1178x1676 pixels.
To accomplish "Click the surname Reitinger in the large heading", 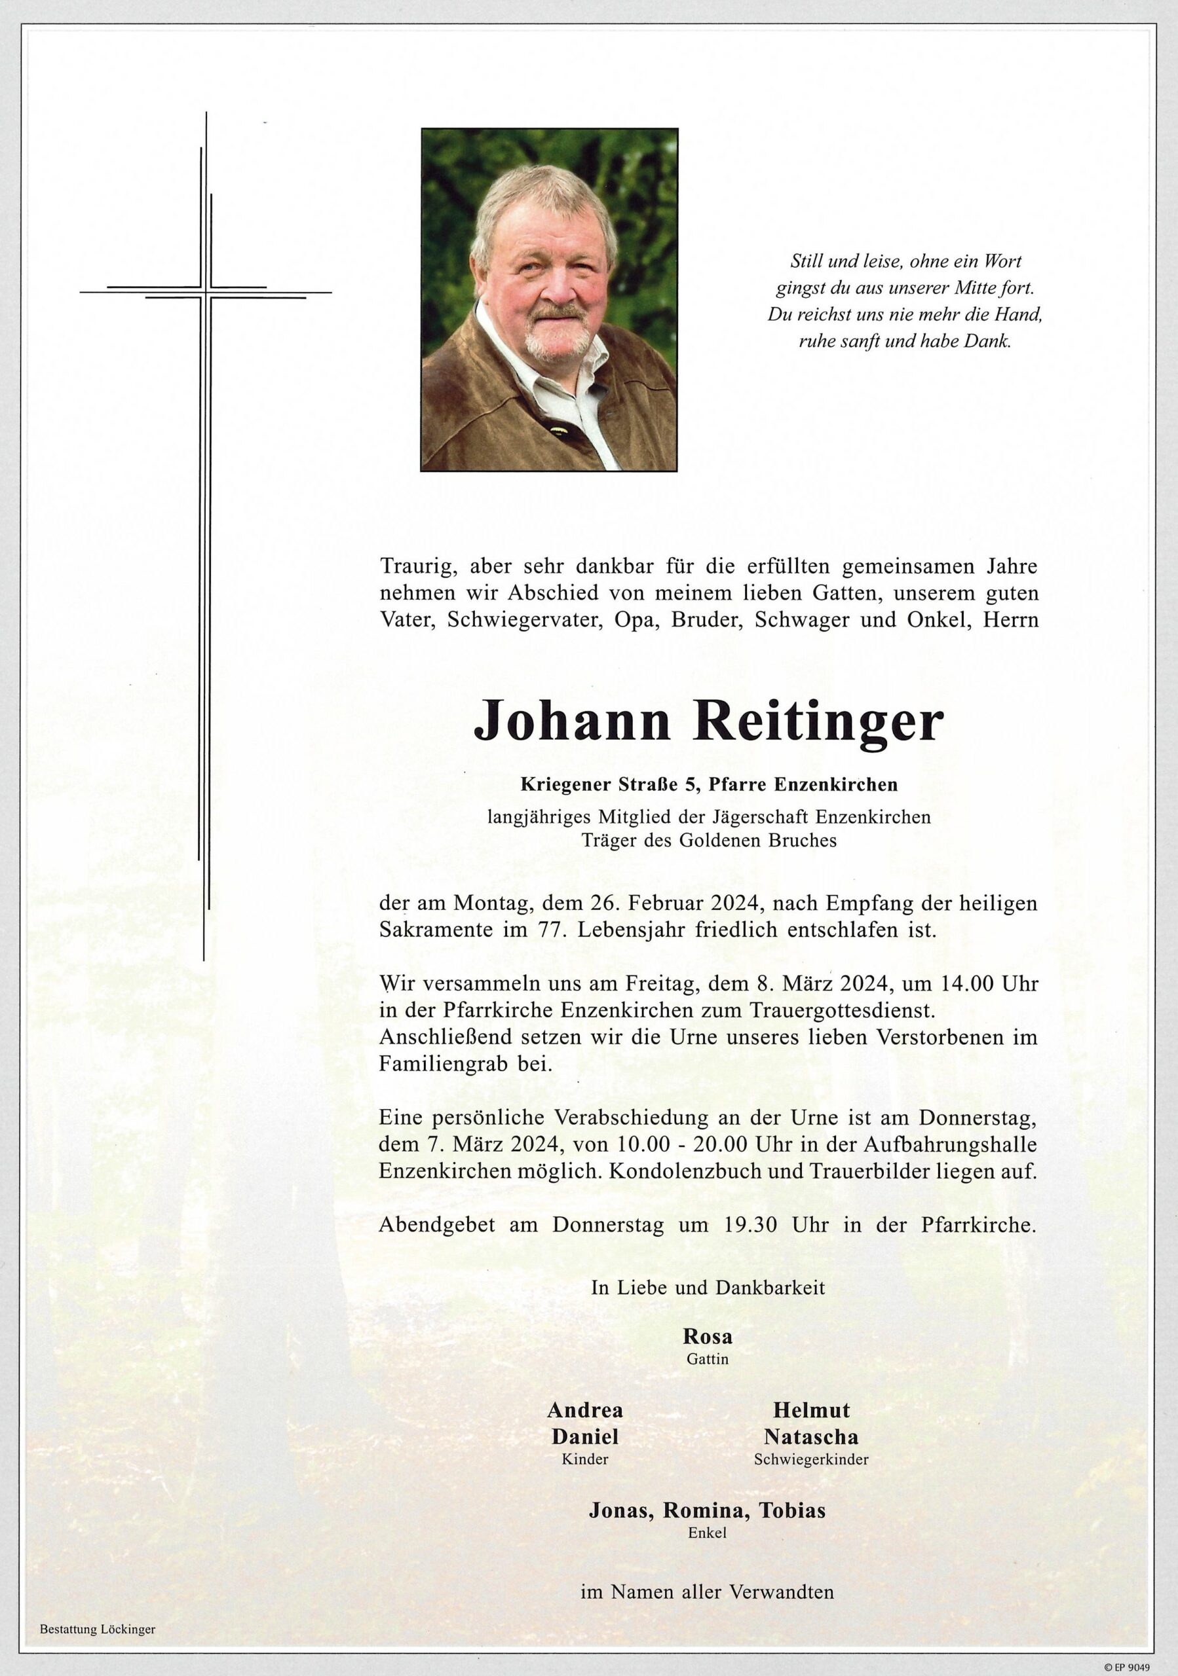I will tap(822, 723).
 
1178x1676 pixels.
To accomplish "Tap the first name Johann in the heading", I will tap(572, 723).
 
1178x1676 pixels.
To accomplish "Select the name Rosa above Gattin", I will tap(707, 1337).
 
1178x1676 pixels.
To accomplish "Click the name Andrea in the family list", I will tap(585, 1410).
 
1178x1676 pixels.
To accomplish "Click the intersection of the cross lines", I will tap(205, 293).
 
